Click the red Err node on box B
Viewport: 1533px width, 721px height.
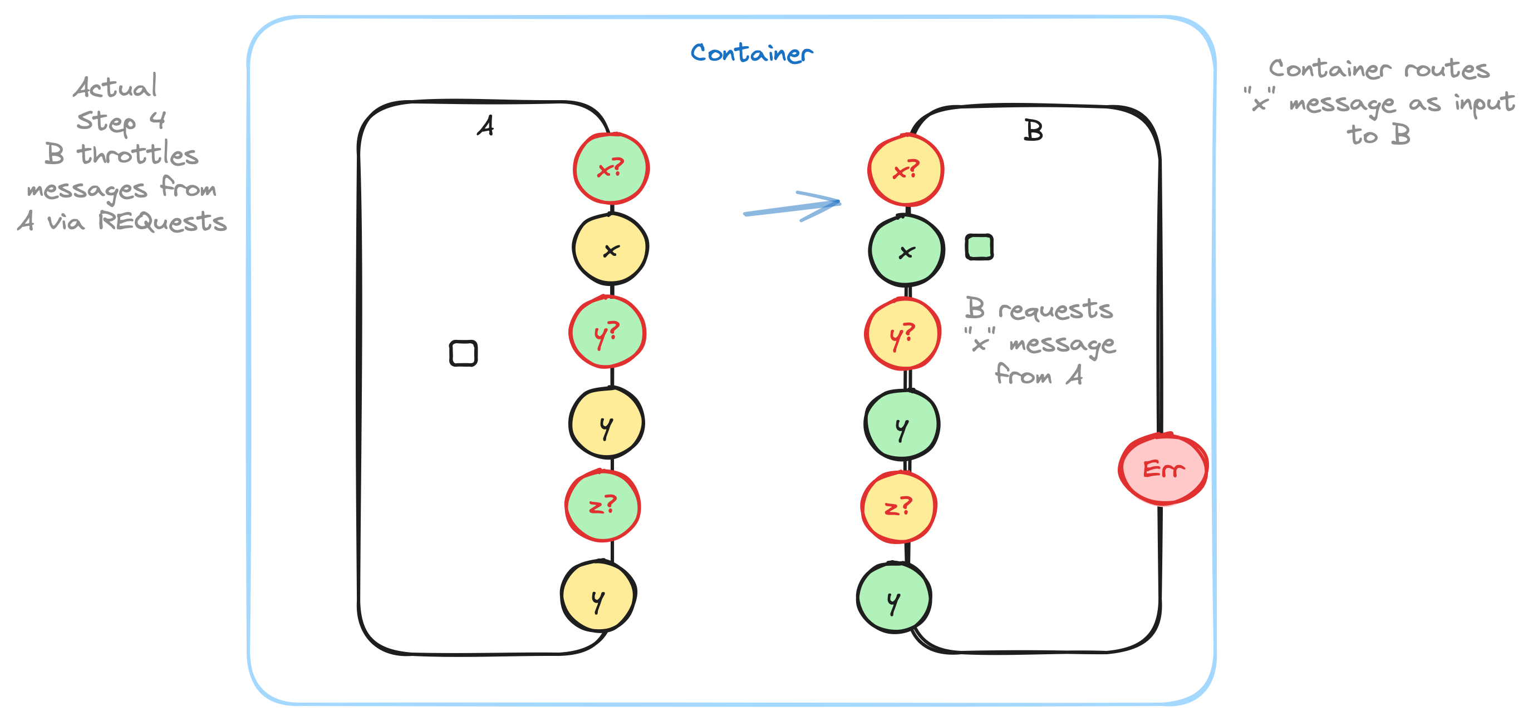1163,470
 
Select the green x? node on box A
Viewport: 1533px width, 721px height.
611,169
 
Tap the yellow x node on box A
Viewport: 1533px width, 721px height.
611,250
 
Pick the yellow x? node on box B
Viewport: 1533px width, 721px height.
905,171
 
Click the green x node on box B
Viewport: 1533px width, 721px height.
906,251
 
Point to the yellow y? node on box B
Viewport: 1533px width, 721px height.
903,334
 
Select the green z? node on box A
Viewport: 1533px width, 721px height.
603,506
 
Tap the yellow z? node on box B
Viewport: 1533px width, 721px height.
898,507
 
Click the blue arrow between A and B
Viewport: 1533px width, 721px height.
792,207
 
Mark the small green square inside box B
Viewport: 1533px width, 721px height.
979,247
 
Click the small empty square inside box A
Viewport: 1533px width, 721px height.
463,353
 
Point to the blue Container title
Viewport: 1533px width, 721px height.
751,53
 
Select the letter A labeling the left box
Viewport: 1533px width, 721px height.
485,126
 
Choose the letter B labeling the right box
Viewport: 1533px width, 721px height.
1033,130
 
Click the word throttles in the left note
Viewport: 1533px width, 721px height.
138,154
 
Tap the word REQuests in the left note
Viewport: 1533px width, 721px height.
162,221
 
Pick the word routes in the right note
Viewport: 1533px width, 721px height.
1447,69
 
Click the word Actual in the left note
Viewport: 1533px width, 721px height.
115,87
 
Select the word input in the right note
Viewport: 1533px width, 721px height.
1484,103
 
